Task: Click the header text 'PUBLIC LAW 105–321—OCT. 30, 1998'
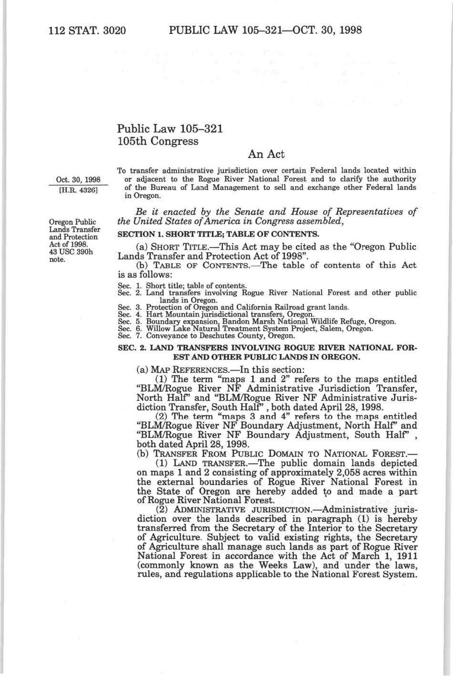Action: tap(265, 31)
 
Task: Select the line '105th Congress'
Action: tap(158, 141)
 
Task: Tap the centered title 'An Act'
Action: tap(266, 154)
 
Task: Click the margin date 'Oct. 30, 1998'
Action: tap(78, 180)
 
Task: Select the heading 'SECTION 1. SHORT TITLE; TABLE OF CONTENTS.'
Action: tap(218, 234)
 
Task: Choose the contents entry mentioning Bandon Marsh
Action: tap(256, 322)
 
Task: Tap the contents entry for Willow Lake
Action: tap(245, 329)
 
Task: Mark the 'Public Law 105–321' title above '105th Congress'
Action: tap(170, 129)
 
